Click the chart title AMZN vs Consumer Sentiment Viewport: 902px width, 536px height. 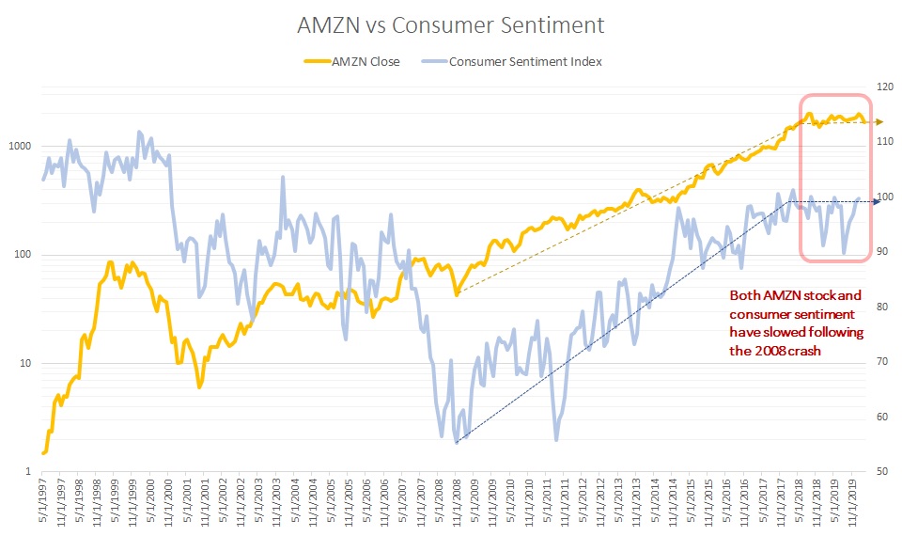coord(451,25)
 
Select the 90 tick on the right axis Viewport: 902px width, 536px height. coord(881,252)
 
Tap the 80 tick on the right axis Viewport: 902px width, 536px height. coord(881,307)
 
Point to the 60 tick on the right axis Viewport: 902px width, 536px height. coord(881,417)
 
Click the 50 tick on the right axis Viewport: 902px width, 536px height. coord(881,472)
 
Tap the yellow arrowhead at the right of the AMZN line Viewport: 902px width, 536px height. coord(879,122)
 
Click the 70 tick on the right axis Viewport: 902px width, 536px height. coord(881,362)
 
